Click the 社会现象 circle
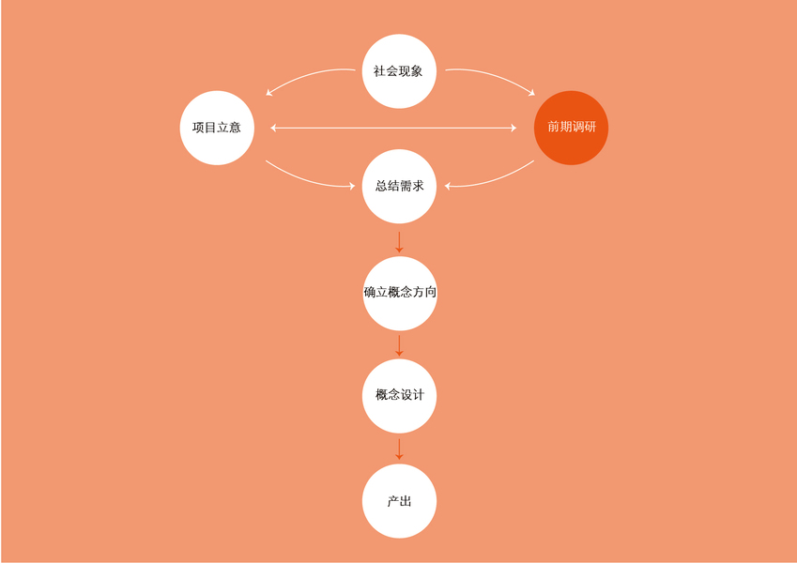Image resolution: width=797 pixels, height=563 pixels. pyautogui.click(x=399, y=71)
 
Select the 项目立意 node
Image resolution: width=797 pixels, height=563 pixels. pyautogui.click(x=217, y=128)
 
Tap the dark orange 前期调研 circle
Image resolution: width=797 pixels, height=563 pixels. pyautogui.click(x=571, y=128)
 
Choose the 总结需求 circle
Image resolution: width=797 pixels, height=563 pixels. pyautogui.click(x=399, y=186)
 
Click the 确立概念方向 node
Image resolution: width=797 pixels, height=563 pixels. pyautogui.click(x=399, y=293)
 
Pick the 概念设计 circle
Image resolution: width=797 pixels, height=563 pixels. pyautogui.click(x=399, y=395)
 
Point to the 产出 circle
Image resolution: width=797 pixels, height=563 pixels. pyautogui.click(x=399, y=501)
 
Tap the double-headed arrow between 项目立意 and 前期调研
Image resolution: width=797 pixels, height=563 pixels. pyautogui.click(x=393, y=128)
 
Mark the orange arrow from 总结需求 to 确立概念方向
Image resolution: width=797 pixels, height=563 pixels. pyautogui.click(x=399, y=241)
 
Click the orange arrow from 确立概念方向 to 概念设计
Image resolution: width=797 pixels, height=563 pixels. pyautogui.click(x=399, y=344)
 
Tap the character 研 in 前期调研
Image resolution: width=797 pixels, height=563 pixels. pyautogui.click(x=590, y=128)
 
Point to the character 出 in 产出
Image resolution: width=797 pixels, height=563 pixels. pyautogui.click(x=406, y=501)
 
